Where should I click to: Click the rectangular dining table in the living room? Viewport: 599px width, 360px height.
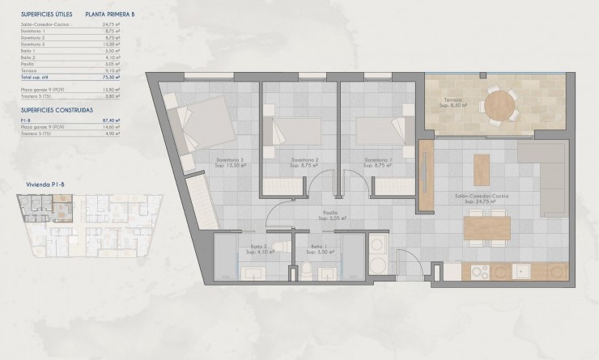coord(487,228)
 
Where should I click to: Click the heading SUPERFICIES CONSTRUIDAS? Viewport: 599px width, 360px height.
coord(57,108)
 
